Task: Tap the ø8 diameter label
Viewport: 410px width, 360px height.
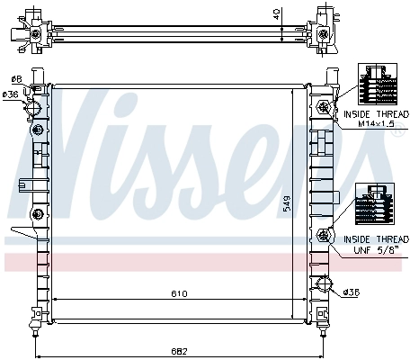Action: [15, 80]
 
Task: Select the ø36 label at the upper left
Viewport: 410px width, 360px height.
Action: [11, 94]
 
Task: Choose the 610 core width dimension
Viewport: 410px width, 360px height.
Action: [180, 293]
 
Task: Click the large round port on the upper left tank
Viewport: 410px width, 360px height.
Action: [35, 109]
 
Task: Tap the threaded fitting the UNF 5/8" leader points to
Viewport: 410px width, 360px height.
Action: [324, 238]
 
